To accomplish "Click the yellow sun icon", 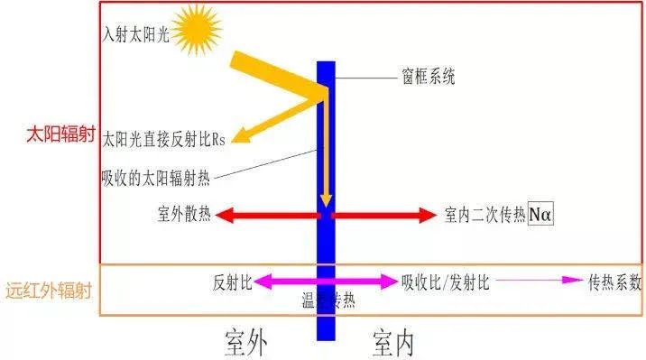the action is (196, 30).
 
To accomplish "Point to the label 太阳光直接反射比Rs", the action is (163, 139).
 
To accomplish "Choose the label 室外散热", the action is (185, 216).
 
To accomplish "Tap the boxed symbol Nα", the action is (540, 216).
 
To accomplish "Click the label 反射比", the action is (232, 282).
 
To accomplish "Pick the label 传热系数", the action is (614, 282).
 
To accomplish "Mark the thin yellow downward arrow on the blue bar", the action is (327, 153).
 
